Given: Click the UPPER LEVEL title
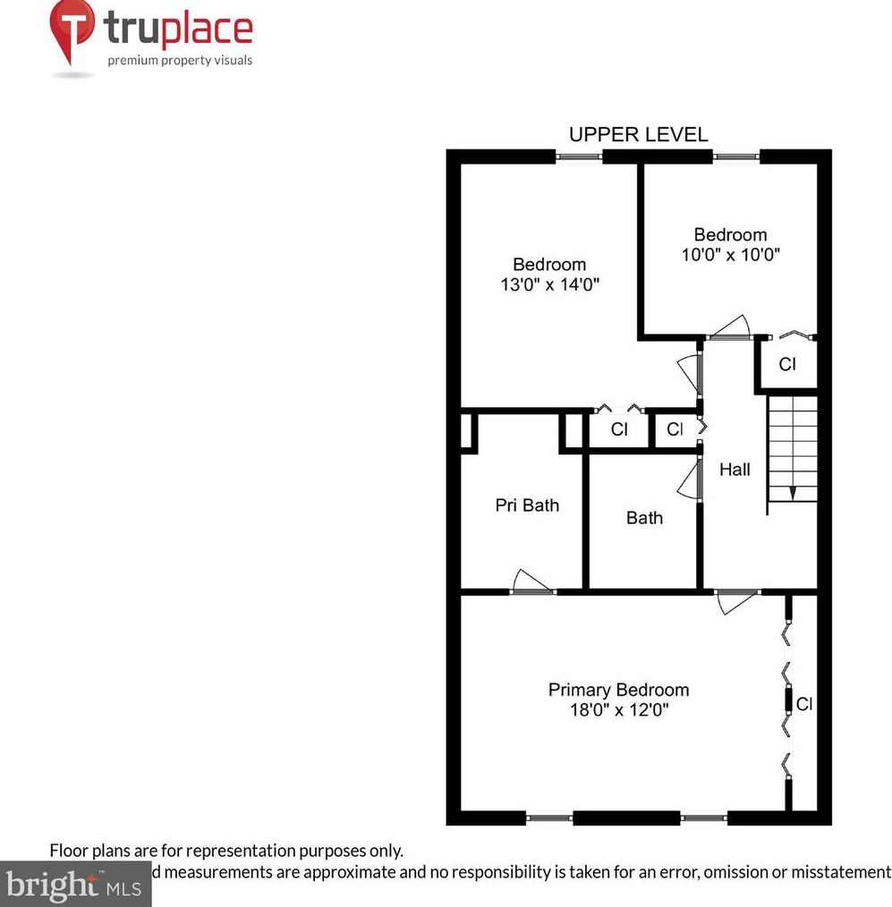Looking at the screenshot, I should coord(638,134).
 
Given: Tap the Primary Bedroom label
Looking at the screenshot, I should coord(618,690).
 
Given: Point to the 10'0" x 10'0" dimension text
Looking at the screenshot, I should coord(730,254).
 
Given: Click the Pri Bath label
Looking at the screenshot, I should coord(527,505).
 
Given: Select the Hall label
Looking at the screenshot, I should coord(735,470).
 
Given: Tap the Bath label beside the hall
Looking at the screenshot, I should coord(644,518).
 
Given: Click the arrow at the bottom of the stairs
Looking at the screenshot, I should coord(792,493).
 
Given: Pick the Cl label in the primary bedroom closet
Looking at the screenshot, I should coord(803,704).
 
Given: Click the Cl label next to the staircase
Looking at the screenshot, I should coord(786,364).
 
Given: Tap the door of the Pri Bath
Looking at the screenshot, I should coord(533,582).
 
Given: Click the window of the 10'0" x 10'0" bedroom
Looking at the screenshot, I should coord(736,157).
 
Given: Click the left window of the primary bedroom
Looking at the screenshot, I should coord(548,817).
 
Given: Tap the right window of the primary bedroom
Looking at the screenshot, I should coord(703,817).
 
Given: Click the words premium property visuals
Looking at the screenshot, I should coord(180,61).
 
